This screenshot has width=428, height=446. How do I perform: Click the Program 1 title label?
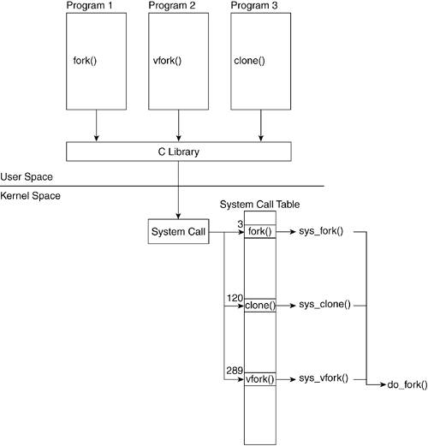(x=89, y=5)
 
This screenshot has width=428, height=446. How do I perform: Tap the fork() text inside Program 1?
(x=85, y=61)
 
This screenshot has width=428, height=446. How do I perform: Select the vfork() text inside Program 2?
(x=167, y=61)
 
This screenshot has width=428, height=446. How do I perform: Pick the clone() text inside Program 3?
(x=249, y=61)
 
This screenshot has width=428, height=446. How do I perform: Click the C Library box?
(x=179, y=152)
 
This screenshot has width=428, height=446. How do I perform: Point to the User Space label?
(x=27, y=177)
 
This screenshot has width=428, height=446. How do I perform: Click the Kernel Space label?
(x=30, y=196)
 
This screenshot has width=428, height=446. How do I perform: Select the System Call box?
(x=179, y=231)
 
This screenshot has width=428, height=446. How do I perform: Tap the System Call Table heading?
(x=259, y=205)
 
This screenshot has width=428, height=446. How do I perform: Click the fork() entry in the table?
(x=260, y=231)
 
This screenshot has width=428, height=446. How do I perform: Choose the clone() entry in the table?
(x=260, y=306)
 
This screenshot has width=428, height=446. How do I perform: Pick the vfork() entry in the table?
(x=260, y=379)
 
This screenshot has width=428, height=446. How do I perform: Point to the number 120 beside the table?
(x=235, y=298)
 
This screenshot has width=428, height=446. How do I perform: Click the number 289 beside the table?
(x=235, y=371)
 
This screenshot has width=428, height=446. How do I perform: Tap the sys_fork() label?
(x=321, y=231)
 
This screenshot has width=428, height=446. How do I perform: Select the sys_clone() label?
(x=324, y=305)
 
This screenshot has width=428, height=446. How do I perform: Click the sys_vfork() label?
(x=324, y=378)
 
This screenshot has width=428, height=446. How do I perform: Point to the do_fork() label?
(x=407, y=385)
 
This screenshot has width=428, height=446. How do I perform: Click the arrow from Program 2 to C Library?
(x=179, y=126)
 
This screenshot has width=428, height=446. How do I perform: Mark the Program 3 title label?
(x=254, y=5)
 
